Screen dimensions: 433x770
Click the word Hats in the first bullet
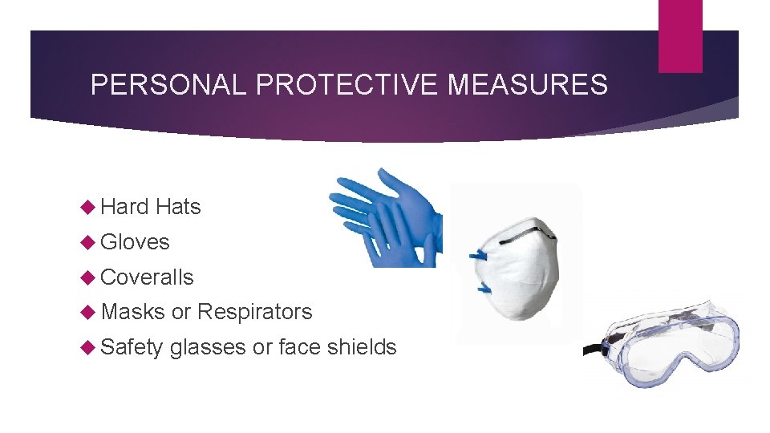(x=178, y=207)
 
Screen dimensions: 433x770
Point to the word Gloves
(x=136, y=242)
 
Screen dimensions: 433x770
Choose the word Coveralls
(x=148, y=277)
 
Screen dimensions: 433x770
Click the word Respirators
(x=254, y=312)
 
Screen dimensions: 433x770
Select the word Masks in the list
(x=133, y=312)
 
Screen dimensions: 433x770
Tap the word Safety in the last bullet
(x=132, y=347)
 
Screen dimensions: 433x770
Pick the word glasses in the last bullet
(x=208, y=347)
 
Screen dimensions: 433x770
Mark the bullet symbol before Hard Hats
(x=88, y=208)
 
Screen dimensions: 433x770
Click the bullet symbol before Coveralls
(x=88, y=277)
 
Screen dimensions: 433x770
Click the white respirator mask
(x=521, y=265)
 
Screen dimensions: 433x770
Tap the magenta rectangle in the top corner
(x=680, y=36)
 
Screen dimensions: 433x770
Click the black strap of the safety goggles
(x=593, y=350)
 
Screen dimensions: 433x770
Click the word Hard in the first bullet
(x=125, y=207)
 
